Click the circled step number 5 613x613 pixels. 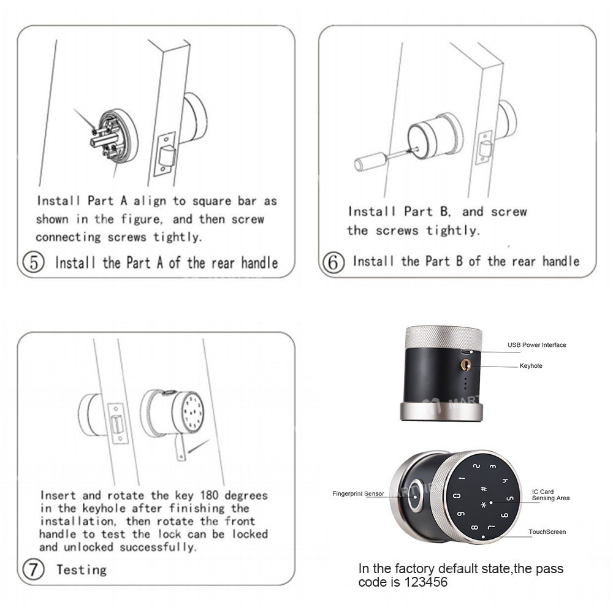tap(33, 262)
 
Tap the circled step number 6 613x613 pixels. tap(333, 262)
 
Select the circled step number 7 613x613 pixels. tap(33, 569)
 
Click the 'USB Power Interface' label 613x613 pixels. tap(536, 345)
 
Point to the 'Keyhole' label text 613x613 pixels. tap(531, 366)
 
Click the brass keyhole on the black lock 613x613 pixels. tap(466, 365)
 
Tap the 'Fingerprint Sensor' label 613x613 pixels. tap(358, 493)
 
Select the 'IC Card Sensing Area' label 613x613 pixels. tap(550, 495)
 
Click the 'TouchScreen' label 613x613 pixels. tap(547, 532)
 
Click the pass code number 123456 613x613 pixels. tap(424, 582)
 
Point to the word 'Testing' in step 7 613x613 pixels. tap(81, 569)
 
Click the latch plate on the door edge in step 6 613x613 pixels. tap(485, 147)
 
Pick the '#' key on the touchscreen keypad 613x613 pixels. tap(484, 489)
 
